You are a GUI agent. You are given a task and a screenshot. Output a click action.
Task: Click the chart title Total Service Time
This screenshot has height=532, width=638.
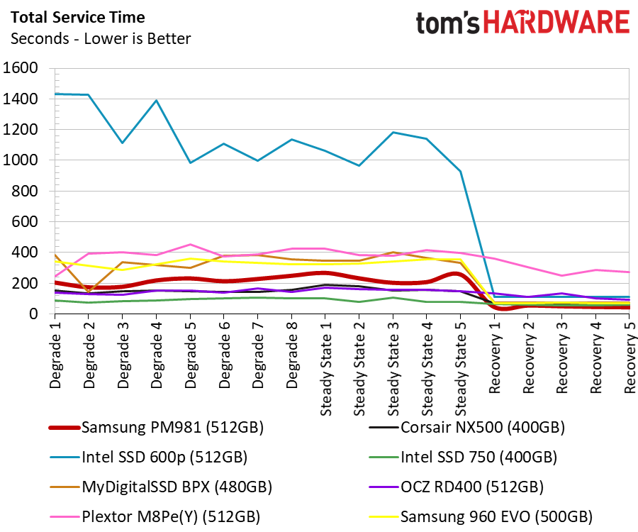tap(78, 18)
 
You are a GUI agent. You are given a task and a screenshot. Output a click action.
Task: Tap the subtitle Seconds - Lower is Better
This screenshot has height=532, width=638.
tap(101, 39)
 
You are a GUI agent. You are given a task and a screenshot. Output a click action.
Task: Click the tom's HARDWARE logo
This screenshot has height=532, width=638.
tap(522, 22)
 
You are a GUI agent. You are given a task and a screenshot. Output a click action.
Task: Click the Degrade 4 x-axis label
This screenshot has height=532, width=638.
tap(156, 355)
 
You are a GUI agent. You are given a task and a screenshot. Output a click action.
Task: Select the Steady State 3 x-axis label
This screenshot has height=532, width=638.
tap(393, 368)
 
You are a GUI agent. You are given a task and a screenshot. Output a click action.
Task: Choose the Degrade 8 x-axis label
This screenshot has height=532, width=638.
tap(291, 355)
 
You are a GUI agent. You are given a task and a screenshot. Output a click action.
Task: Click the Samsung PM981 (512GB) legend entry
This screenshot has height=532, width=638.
tap(156, 428)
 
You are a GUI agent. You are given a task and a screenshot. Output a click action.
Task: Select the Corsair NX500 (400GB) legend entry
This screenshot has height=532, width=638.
tap(466, 428)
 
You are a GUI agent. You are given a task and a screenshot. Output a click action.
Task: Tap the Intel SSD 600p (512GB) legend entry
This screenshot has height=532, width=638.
tap(149, 457)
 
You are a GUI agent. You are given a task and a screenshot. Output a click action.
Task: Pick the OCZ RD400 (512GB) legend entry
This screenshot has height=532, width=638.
tap(456, 487)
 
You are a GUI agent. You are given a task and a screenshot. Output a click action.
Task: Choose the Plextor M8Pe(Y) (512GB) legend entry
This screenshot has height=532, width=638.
tap(155, 516)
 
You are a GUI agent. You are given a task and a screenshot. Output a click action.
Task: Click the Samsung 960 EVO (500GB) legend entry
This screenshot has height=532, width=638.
tap(481, 516)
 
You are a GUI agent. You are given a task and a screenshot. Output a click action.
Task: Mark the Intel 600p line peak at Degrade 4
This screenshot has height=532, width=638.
tap(156, 100)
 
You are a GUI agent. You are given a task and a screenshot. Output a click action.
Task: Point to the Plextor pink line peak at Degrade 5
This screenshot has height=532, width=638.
tap(190, 244)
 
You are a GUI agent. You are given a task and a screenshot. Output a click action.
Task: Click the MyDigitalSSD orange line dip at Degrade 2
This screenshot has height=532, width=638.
tap(89, 292)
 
